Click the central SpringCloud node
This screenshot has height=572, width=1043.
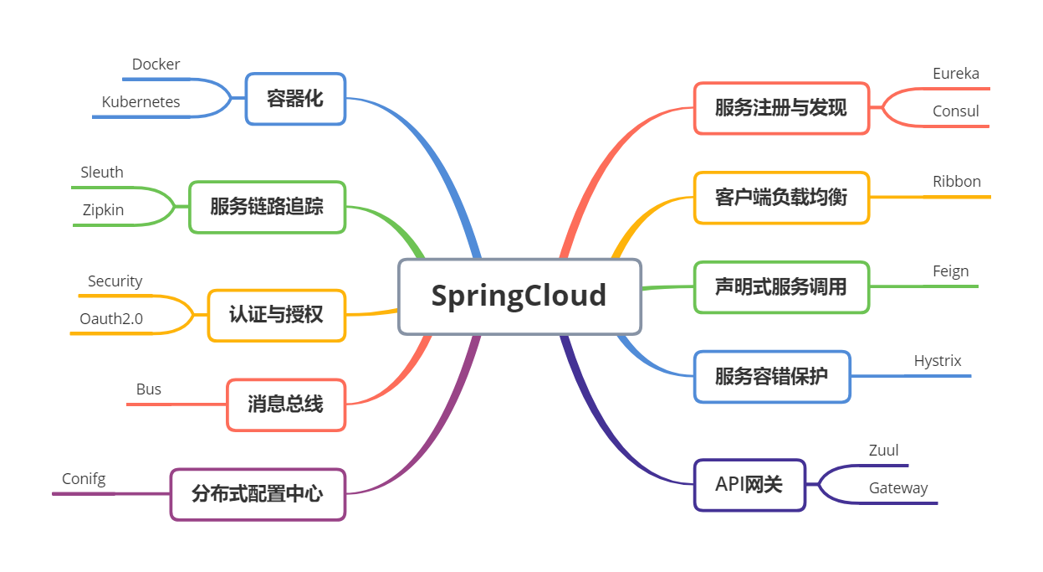(x=519, y=296)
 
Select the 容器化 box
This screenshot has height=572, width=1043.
(x=295, y=99)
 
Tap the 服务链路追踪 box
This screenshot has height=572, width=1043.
(x=267, y=206)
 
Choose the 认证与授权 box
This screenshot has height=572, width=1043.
(x=276, y=315)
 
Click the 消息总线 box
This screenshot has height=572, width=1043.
(x=285, y=405)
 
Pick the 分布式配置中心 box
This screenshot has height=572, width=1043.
(x=258, y=494)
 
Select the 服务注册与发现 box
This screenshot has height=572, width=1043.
(x=781, y=108)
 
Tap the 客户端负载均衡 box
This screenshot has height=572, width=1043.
(x=781, y=198)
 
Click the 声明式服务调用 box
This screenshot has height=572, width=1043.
(x=781, y=287)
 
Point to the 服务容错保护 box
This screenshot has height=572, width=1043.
(x=772, y=376)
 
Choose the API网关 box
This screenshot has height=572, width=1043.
(x=749, y=484)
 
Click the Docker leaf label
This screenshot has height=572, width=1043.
(x=156, y=64)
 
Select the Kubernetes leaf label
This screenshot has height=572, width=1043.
(x=141, y=102)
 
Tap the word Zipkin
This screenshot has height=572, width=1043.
(x=103, y=210)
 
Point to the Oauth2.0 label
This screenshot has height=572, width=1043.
(x=111, y=318)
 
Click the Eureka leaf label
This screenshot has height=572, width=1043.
(x=956, y=74)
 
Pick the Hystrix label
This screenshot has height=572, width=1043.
(x=938, y=361)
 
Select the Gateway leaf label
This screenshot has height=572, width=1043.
(x=898, y=488)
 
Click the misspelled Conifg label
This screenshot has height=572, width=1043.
(x=84, y=479)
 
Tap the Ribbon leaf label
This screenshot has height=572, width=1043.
(x=957, y=182)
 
